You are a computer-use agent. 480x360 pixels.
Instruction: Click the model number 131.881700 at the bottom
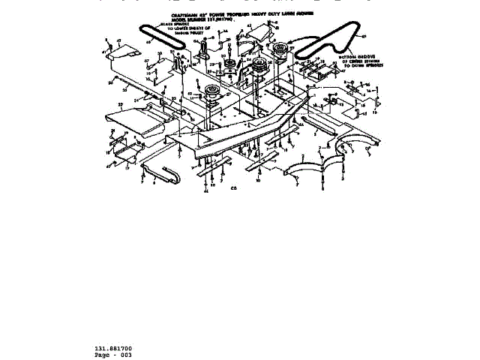[x=113, y=349]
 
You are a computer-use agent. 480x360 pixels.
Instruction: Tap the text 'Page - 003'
[x=113, y=355]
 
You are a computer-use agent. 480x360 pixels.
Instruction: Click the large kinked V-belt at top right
[x=330, y=40]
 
